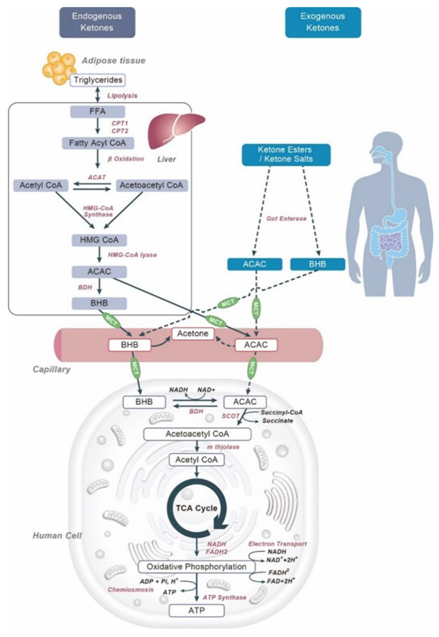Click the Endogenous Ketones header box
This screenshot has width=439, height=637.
(97, 22)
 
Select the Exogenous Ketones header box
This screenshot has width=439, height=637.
(323, 22)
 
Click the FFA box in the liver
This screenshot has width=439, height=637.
(97, 111)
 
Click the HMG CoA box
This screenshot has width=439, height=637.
(99, 240)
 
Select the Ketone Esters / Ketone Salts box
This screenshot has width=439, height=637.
(286, 155)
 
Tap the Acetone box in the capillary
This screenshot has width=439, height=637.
(193, 334)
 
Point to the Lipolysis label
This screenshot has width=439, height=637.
(122, 96)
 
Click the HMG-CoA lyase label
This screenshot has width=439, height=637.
(132, 255)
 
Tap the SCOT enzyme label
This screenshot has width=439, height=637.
(231, 416)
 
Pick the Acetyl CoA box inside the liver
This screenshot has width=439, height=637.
(41, 185)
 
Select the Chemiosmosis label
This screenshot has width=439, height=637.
(131, 590)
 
